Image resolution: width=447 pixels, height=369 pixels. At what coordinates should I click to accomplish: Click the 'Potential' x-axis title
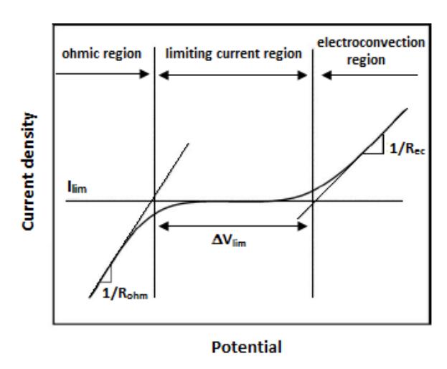(x=247, y=347)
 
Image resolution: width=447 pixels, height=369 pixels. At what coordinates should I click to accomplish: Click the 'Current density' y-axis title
(x=29, y=171)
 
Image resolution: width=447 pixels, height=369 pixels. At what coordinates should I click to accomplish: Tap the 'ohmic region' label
(x=102, y=54)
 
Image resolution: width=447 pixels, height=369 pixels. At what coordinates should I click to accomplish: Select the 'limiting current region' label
(x=233, y=54)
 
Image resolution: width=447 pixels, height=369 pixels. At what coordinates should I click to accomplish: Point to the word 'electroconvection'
(x=371, y=42)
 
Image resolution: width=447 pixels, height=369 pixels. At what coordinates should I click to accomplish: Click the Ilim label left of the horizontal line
(x=77, y=187)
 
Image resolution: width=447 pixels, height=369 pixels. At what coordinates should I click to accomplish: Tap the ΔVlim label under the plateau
(x=229, y=240)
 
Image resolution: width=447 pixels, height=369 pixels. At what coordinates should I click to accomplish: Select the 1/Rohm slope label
(x=125, y=294)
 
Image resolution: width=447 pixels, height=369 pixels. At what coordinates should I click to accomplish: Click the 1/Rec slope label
(x=407, y=149)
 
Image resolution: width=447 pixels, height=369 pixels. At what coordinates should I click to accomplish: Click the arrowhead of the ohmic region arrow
(x=144, y=74)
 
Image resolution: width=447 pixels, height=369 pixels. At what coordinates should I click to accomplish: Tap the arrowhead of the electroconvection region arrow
(x=326, y=75)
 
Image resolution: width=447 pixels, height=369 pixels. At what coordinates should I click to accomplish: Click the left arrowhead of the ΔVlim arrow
(x=164, y=226)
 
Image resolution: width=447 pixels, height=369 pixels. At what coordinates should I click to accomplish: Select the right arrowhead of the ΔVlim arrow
(x=302, y=226)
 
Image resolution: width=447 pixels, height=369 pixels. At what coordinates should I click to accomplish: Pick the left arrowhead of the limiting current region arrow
(x=164, y=75)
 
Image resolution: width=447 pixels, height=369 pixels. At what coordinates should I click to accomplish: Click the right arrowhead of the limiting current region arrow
(x=302, y=75)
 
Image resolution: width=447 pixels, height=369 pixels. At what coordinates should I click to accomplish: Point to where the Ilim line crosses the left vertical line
(x=154, y=201)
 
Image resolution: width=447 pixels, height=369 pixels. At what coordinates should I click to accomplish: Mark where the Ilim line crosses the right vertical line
(x=313, y=201)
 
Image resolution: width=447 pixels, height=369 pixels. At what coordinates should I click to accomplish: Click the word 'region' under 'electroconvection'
(x=366, y=60)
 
